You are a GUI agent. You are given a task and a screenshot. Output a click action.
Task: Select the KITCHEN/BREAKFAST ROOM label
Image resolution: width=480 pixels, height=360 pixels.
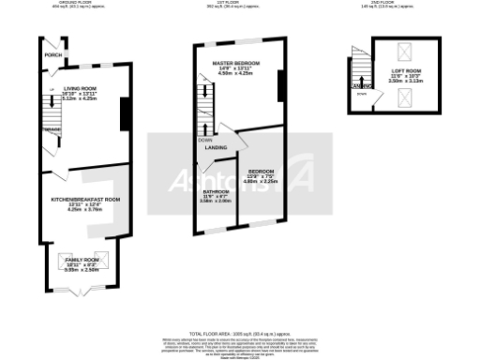86,200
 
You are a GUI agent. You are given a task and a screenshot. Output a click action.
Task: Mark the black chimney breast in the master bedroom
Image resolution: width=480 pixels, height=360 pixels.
280,86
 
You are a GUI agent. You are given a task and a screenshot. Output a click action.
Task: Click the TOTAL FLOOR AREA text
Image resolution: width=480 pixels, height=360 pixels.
239,334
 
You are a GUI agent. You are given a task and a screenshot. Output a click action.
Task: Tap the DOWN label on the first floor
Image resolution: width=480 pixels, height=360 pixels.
204,140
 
